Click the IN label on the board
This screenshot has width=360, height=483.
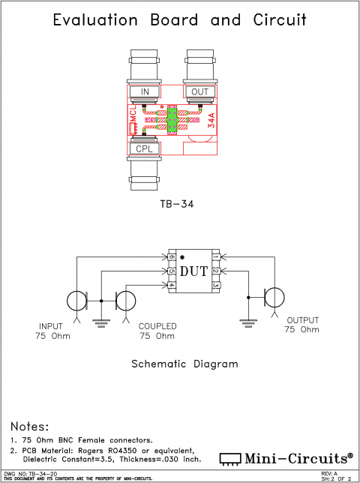(145, 91)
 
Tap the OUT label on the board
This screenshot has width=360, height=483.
(199, 91)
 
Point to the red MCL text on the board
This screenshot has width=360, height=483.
(133, 116)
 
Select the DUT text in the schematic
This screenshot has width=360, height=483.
(193, 271)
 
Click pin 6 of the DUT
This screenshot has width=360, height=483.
(171, 257)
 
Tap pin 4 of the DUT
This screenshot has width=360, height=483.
(171, 285)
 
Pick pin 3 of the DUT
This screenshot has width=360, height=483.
(215, 285)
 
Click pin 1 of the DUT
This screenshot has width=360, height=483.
(215, 257)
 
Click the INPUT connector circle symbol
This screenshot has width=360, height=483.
(76, 301)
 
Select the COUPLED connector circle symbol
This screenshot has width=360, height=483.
(126, 301)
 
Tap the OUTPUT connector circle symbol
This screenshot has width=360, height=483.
(274, 297)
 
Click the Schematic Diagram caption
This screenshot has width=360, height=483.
(184, 364)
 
